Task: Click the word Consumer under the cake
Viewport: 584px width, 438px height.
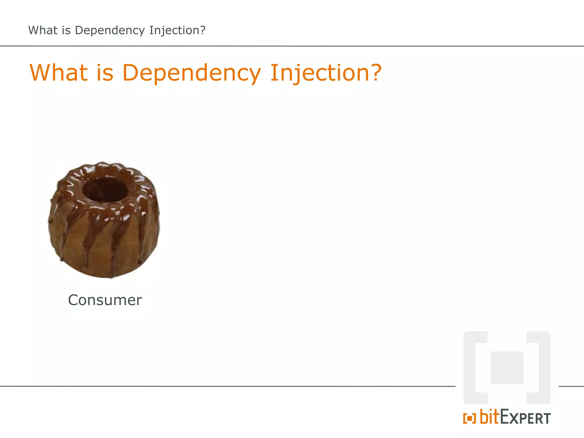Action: [105, 300]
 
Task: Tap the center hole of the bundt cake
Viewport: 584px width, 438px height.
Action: [105, 189]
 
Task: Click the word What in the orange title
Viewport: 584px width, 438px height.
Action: [59, 73]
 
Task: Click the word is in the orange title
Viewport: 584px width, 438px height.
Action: [105, 73]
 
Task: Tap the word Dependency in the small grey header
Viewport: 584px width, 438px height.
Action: [110, 31]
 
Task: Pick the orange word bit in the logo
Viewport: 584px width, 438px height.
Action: [490, 417]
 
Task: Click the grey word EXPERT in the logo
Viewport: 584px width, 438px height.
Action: [526, 418]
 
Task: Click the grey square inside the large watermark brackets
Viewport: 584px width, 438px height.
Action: [507, 368]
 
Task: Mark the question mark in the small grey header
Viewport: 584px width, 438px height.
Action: [202, 30]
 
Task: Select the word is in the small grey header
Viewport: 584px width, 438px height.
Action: [66, 30]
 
